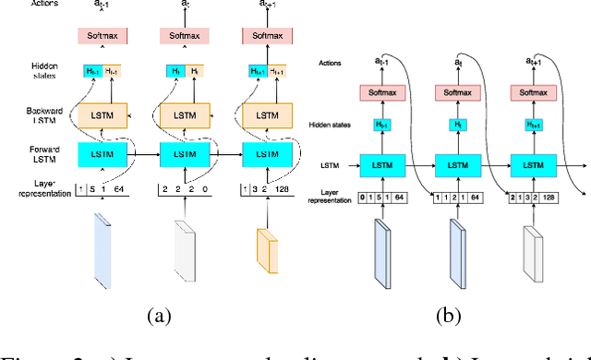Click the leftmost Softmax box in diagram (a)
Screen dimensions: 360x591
click(101, 35)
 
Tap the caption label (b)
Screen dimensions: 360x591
click(447, 317)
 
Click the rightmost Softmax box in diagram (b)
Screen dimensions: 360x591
click(533, 92)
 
